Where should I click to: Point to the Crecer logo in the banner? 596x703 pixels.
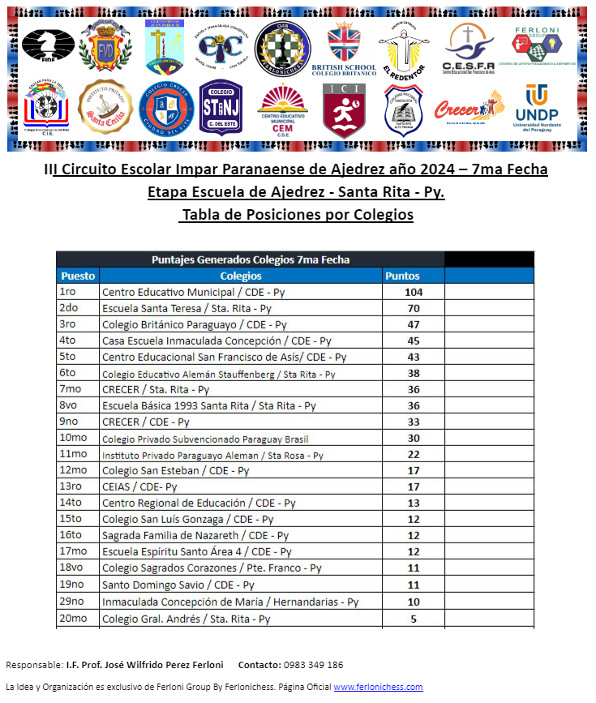[x=468, y=108]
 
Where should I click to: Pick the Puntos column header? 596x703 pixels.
[x=402, y=276]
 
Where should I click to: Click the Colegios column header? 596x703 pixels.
[x=241, y=276]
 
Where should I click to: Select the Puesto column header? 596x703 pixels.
[x=78, y=276]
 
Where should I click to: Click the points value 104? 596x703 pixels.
[x=414, y=292]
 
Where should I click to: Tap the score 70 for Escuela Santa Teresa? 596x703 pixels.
[x=414, y=308]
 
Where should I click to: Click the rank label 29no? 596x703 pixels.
[x=72, y=602]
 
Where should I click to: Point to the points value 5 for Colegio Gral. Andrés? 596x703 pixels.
[x=414, y=619]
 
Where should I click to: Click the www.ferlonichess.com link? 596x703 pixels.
[x=378, y=687]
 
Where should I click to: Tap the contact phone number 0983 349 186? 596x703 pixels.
[x=313, y=665]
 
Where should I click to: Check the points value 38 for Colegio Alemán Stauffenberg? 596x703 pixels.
[x=414, y=373]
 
